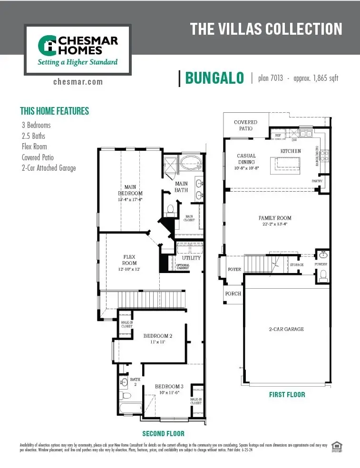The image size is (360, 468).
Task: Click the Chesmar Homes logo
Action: pos(78,50)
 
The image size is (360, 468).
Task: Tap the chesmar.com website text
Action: pos(78,81)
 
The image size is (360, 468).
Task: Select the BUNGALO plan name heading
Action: pos(214,78)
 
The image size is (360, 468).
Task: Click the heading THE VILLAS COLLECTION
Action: pos(266,29)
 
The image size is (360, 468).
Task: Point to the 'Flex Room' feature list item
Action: pos(34,146)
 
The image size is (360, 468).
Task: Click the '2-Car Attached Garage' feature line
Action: pos(49,168)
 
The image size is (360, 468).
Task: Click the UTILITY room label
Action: pos(191,258)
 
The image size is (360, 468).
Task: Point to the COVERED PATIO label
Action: pos(245,125)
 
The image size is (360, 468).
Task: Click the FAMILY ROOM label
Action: pos(275,221)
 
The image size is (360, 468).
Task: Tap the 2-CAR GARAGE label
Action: pos(285,329)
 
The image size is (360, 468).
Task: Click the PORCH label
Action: pos(233,293)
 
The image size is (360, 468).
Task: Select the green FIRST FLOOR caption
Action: pos(287,394)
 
